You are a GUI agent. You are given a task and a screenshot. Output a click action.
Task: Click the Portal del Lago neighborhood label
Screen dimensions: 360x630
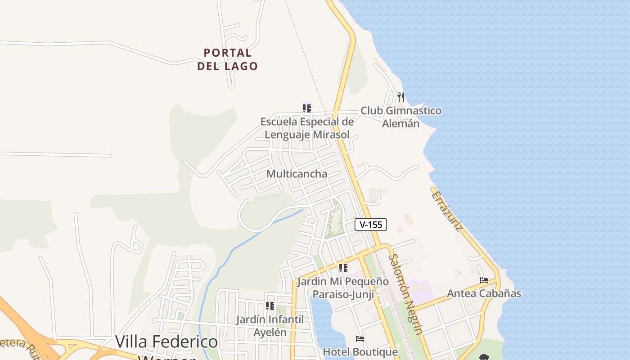228,59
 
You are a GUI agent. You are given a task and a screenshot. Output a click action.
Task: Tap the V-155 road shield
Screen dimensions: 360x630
371,225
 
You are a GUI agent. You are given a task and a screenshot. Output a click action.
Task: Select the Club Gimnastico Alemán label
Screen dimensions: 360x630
401,117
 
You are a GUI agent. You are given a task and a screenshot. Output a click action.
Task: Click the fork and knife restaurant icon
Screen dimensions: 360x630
400,96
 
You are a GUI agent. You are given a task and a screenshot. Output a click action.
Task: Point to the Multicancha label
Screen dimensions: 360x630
297,174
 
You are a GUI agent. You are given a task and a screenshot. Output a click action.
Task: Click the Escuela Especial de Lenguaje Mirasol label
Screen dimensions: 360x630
307,128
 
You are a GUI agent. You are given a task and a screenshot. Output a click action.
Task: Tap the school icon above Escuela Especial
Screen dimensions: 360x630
307,108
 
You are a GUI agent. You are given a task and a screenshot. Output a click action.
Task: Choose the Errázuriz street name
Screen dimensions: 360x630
447,211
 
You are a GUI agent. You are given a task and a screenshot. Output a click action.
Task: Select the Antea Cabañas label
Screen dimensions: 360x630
484,293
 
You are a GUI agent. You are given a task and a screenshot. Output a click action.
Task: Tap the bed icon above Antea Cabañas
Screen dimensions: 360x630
484,280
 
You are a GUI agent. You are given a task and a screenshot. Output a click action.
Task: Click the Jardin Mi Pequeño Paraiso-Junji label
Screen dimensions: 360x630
343,288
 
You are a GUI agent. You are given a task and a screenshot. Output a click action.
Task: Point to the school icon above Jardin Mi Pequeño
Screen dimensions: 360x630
343,268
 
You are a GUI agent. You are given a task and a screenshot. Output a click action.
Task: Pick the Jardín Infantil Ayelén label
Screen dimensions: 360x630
270,326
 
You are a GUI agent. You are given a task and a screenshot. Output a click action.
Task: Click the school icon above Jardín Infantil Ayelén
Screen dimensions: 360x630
270,306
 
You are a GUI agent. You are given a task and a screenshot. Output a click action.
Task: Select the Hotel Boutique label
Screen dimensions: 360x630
360,352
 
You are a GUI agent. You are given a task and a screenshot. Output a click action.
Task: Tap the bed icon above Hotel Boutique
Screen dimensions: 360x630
360,338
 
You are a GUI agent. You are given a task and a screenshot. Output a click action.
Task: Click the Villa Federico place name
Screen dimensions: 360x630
166,342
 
